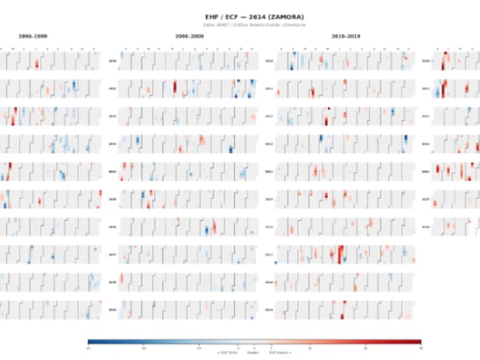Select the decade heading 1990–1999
[x=34, y=35]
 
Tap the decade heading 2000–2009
[x=191, y=35]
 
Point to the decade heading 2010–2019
[x=346, y=35]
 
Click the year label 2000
[x=112, y=61]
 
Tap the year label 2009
[x=112, y=310]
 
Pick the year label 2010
[x=269, y=61]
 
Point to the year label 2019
[x=269, y=310]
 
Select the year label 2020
[x=425, y=61]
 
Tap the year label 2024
[x=425, y=171]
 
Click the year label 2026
[x=425, y=227]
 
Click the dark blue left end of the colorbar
[x=90, y=342]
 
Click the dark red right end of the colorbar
[x=418, y=342]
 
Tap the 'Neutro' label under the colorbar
[x=253, y=352]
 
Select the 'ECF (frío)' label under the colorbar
[x=225, y=352]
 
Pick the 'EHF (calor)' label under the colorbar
[x=281, y=352]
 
